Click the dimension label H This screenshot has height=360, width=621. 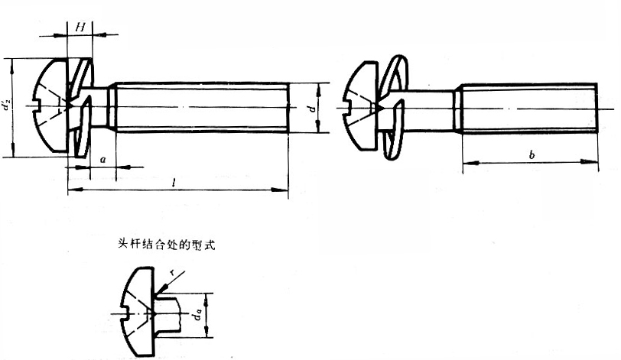(80, 28)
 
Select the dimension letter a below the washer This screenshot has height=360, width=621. (103, 160)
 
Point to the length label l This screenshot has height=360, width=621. (173, 183)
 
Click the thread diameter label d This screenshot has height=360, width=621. (313, 107)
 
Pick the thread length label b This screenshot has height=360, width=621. (532, 154)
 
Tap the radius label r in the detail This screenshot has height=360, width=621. (171, 272)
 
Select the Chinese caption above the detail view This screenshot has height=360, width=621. (167, 245)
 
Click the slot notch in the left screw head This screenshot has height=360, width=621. (37, 106)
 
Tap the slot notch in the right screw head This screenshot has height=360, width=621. (349, 109)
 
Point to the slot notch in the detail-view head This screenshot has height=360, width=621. (125, 314)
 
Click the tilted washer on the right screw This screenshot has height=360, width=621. (394, 107)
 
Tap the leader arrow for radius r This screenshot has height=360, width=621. (171, 284)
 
